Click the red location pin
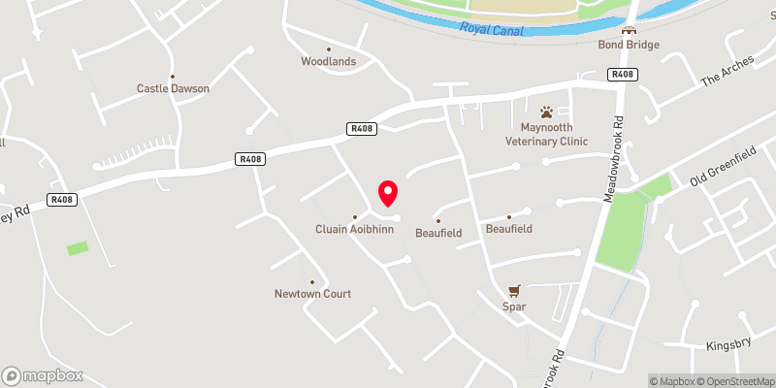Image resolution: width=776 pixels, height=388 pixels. click(x=388, y=192)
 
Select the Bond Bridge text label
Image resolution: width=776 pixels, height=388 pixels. click(x=629, y=45)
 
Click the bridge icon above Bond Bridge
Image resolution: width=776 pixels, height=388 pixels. click(x=629, y=30)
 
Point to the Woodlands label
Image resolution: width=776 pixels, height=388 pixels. click(x=328, y=61)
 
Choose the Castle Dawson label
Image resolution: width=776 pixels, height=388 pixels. click(x=173, y=88)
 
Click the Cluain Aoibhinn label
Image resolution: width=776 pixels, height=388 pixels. click(x=354, y=229)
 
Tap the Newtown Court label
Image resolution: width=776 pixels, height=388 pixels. click(x=312, y=293)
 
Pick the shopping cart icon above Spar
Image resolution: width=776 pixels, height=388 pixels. click(x=515, y=290)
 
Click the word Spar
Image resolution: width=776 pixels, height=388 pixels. click(x=515, y=307)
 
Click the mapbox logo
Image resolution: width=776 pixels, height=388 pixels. click(x=43, y=375)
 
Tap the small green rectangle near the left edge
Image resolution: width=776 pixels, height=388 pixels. click(x=78, y=248)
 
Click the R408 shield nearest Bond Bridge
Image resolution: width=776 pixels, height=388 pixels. click(x=622, y=74)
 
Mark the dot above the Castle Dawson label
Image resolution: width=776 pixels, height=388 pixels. click(x=173, y=77)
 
